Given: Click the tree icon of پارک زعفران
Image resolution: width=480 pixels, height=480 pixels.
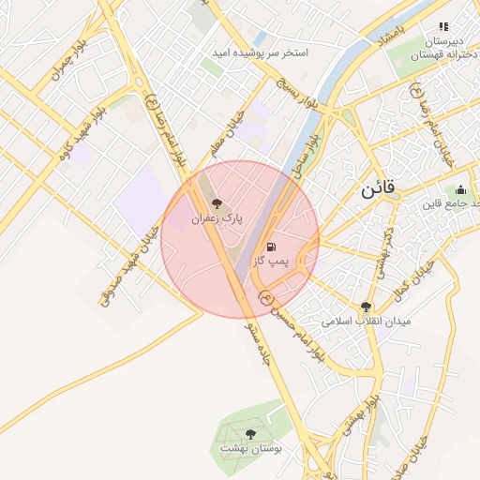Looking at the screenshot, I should [x=217, y=202].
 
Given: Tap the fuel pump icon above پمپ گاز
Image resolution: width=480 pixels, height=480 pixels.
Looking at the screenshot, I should [x=271, y=247].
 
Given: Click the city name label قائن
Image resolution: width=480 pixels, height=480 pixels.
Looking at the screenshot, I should [x=379, y=189].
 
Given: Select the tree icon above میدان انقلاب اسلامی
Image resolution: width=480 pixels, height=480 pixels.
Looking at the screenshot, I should [x=366, y=306].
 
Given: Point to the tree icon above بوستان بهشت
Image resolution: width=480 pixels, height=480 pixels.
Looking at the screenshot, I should [x=250, y=434].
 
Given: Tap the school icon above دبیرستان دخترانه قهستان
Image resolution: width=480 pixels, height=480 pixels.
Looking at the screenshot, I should [x=443, y=27].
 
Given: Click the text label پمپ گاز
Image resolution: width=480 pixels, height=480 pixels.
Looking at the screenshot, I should [x=272, y=263].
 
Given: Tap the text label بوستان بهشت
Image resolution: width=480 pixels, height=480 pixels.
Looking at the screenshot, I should [x=250, y=449].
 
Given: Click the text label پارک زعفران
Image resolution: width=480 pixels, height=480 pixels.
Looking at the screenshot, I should [x=217, y=218].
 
